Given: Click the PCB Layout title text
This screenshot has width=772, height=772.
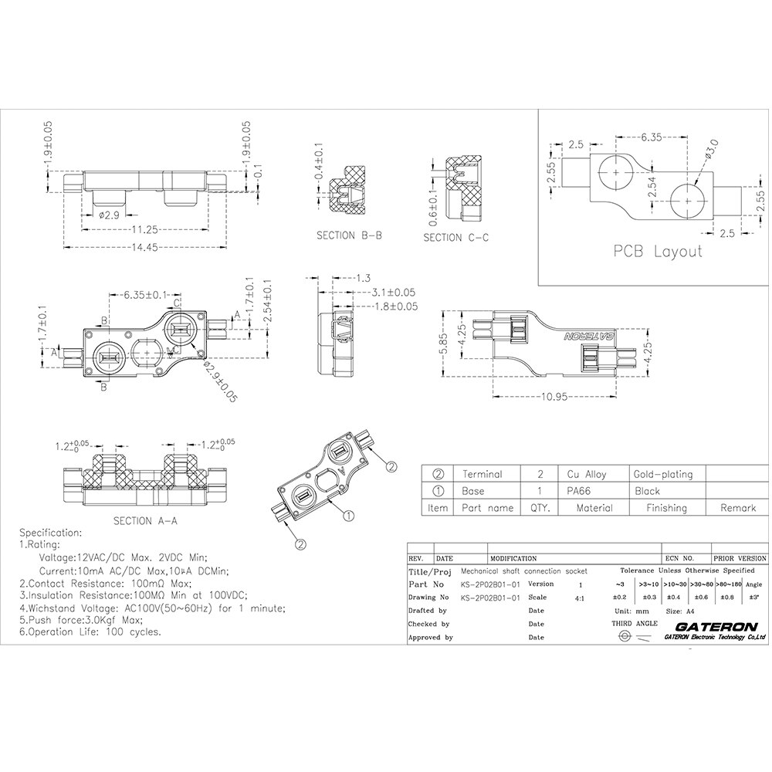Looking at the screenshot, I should [658, 252].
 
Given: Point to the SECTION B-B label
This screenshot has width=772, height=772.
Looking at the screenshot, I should [349, 235].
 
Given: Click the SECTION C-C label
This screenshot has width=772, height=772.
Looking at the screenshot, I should [455, 239].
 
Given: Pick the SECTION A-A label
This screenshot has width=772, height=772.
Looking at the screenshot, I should [145, 520].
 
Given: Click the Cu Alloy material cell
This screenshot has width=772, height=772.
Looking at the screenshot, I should [587, 474].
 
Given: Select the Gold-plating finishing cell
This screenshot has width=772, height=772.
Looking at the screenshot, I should [662, 474].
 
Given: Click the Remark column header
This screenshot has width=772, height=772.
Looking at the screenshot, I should [737, 508].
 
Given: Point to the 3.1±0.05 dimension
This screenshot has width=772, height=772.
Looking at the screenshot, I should [393, 293].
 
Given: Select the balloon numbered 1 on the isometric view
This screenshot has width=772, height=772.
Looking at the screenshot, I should [348, 515].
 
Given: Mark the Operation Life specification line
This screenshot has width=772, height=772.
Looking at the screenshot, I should [90, 631].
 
